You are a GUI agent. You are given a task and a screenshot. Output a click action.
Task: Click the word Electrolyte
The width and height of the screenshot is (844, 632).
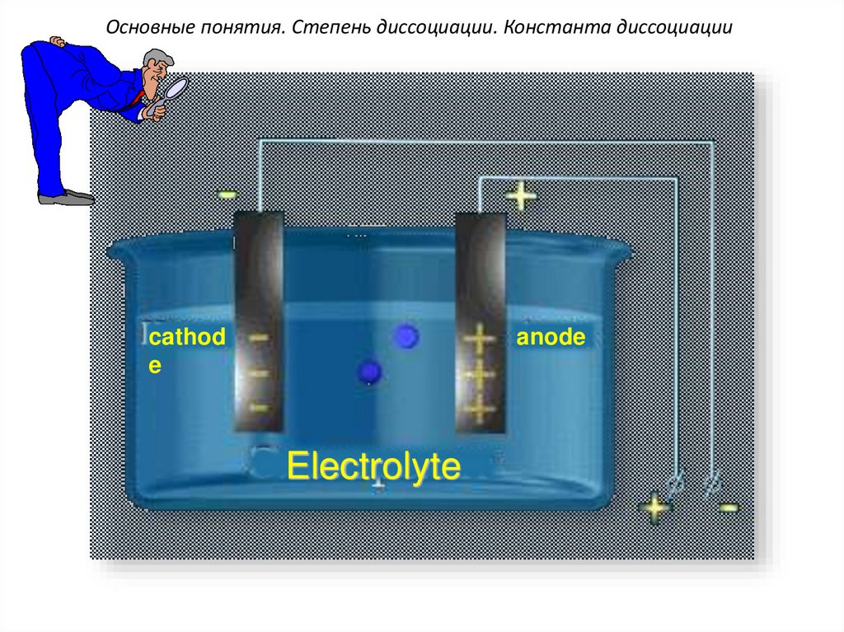pos(373,466)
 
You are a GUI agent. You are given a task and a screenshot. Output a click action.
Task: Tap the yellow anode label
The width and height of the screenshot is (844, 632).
pos(551,337)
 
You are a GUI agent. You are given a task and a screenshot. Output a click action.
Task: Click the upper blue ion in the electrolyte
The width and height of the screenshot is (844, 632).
pos(406,336)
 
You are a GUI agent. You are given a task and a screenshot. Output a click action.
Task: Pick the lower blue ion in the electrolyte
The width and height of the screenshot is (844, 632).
pos(368,372)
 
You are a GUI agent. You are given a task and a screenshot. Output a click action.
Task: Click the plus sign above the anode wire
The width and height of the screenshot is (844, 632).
pos(521,196)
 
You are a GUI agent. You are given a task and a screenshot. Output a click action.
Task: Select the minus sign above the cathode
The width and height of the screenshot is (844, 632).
pos(227,194)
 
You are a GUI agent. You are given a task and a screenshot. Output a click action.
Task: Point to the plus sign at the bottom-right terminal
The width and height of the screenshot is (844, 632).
pos(655,507)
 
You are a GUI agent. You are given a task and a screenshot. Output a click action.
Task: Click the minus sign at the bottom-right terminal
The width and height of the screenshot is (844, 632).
pos(729,508)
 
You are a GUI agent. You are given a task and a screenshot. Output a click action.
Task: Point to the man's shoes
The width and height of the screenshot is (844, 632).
pos(66,197)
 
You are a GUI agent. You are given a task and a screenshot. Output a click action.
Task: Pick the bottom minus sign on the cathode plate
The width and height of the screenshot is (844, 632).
pos(259,407)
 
